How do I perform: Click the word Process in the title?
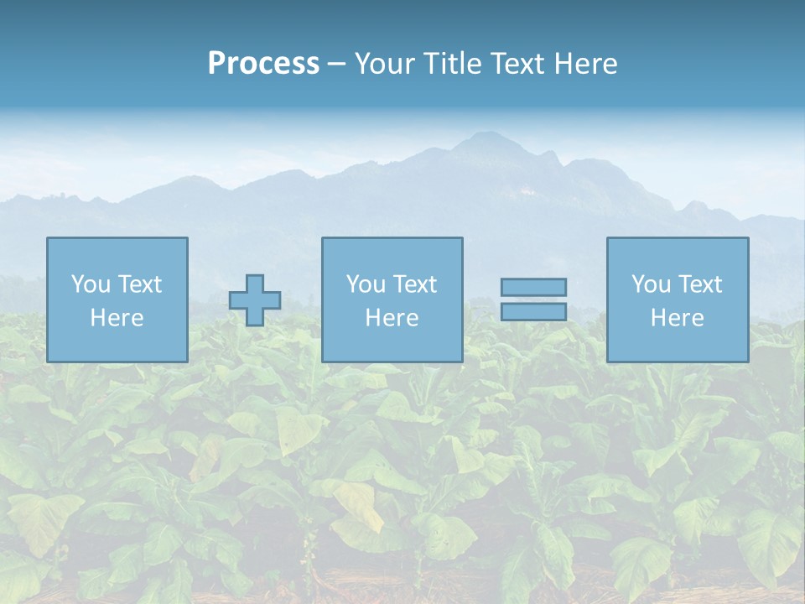(263, 64)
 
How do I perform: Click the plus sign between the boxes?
(255, 300)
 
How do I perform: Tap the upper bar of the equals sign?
(533, 287)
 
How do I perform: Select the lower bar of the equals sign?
(533, 311)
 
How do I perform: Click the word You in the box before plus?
(91, 284)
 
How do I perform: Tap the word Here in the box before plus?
(117, 318)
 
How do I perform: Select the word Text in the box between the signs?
(414, 284)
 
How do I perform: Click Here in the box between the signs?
(392, 318)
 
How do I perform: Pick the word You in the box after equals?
(651, 284)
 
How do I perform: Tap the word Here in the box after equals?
(677, 318)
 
